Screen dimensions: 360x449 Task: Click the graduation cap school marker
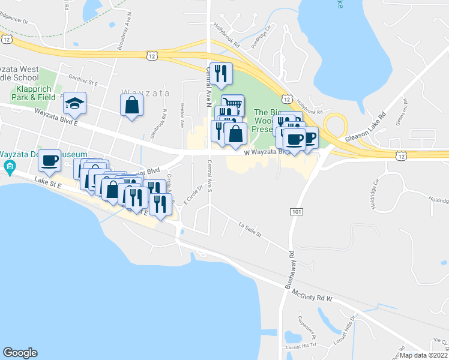[x=75, y=104]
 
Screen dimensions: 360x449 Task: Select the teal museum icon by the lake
[x=9, y=167]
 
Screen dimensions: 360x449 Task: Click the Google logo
[x=20, y=353]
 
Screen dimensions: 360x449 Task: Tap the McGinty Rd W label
[x=312, y=294]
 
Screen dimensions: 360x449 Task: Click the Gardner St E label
[x=83, y=79]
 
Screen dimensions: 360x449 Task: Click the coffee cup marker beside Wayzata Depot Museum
[x=49, y=161]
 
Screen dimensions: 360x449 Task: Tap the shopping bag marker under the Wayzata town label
[x=131, y=106]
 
